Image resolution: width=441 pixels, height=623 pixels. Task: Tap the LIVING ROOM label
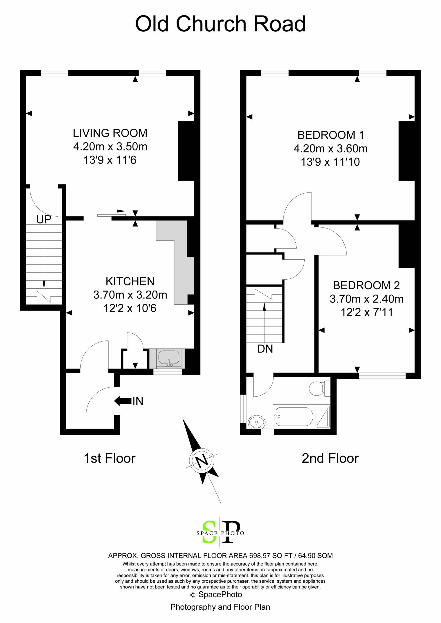coord(110,133)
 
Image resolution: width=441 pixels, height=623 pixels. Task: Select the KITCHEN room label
coord(130,281)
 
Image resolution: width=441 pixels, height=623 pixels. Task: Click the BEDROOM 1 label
coord(330,135)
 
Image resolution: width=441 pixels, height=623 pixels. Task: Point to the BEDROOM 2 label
coord(366,285)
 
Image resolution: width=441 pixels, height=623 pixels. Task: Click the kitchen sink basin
coord(169,357)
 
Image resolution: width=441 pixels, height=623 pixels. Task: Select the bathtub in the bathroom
coord(294,416)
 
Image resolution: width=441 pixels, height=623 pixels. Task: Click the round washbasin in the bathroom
coord(257,422)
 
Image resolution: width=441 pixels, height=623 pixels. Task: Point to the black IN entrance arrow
coord(123,401)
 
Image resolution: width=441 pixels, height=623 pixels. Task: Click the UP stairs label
coord(44,220)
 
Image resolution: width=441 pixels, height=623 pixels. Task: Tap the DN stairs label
coord(265,349)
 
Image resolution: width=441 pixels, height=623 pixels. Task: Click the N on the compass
coord(201,460)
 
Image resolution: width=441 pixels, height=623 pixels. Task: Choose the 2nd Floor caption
coord(330,458)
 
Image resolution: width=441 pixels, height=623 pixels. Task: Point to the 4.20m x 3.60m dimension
coord(330,148)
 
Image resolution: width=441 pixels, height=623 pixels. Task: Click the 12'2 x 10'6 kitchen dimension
coord(130,308)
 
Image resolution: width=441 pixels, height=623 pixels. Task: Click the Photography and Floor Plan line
coord(220,607)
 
